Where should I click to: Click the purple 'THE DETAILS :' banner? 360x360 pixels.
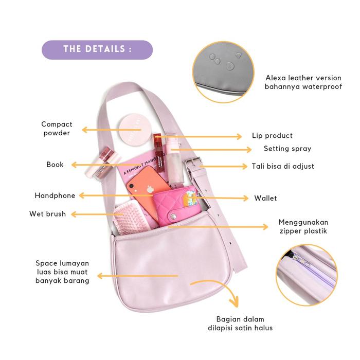pyautogui.click(x=97, y=49)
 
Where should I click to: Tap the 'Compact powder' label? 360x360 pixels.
pyautogui.click(x=57, y=128)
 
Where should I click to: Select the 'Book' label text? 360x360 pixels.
pyautogui.click(x=55, y=165)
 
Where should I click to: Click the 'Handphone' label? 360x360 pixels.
pyautogui.click(x=55, y=195)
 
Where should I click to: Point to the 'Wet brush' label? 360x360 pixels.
pyautogui.click(x=47, y=213)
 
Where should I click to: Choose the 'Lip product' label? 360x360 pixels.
pyautogui.click(x=272, y=136)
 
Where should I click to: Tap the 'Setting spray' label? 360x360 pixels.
pyautogui.click(x=287, y=149)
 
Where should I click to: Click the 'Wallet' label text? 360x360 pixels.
pyautogui.click(x=265, y=198)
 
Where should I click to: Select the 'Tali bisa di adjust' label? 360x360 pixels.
pyautogui.click(x=283, y=166)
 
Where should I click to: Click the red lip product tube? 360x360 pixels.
pyautogui.click(x=158, y=152)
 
